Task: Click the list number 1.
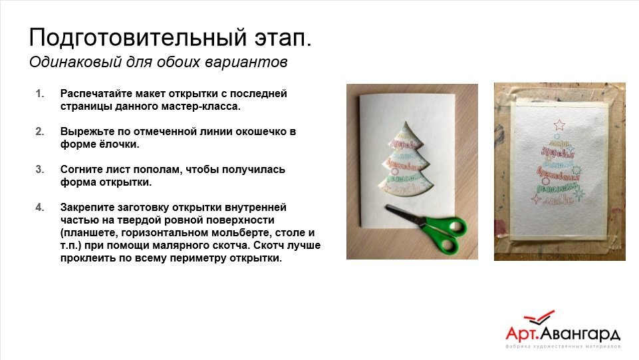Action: tap(39, 94)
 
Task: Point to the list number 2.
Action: tap(39, 132)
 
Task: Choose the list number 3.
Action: tap(39, 170)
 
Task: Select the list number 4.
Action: tap(39, 208)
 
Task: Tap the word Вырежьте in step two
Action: tap(83, 132)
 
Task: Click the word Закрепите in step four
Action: tap(86, 208)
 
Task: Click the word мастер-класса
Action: tap(203, 106)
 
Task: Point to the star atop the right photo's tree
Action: tap(558, 124)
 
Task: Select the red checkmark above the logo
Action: tap(538, 319)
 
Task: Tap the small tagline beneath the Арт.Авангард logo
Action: tap(563, 347)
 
